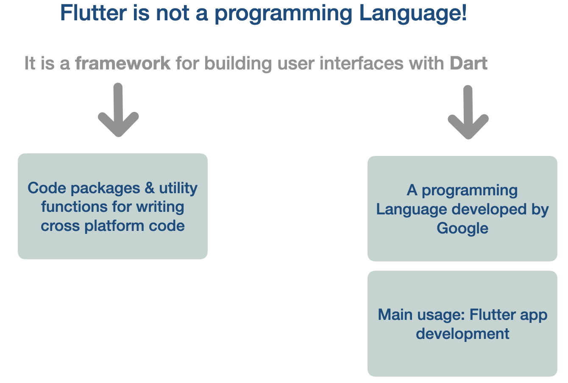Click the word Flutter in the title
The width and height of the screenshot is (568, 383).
[x=93, y=13]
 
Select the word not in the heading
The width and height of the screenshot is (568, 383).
[x=173, y=13]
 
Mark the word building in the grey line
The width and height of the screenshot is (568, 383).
[x=238, y=64]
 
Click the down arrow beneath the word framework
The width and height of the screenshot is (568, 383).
[x=118, y=110]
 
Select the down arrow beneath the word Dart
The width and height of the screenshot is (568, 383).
[x=468, y=112]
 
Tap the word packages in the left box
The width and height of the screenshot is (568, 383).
[x=105, y=189]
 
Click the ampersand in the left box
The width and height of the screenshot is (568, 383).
[x=150, y=188]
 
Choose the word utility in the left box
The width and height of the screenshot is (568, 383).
[x=178, y=189]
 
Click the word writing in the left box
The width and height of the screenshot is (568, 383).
[x=160, y=207]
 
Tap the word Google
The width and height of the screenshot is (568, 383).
[x=462, y=228]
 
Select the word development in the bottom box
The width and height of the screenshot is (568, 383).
[x=462, y=334]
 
